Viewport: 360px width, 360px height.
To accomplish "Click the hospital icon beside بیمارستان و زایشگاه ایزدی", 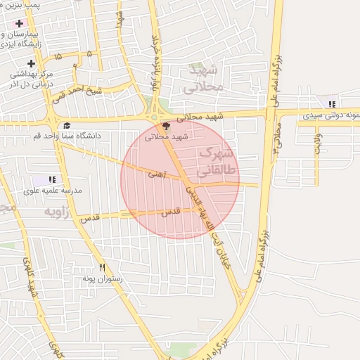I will [20, 23].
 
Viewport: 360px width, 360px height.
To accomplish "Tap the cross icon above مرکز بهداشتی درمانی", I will [31, 64].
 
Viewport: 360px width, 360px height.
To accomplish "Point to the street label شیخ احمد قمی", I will [79, 91].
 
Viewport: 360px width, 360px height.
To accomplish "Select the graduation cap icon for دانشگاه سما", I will [66, 126].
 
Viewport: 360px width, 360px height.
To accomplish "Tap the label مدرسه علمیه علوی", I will [53, 191].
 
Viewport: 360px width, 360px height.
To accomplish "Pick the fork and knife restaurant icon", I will [102, 267].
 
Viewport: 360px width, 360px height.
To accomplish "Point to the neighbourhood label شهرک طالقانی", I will [218, 161].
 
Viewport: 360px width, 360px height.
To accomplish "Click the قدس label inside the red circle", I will [171, 211].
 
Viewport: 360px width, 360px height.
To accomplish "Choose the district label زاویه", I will [58, 211].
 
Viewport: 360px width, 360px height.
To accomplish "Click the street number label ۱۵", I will [58, 56].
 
